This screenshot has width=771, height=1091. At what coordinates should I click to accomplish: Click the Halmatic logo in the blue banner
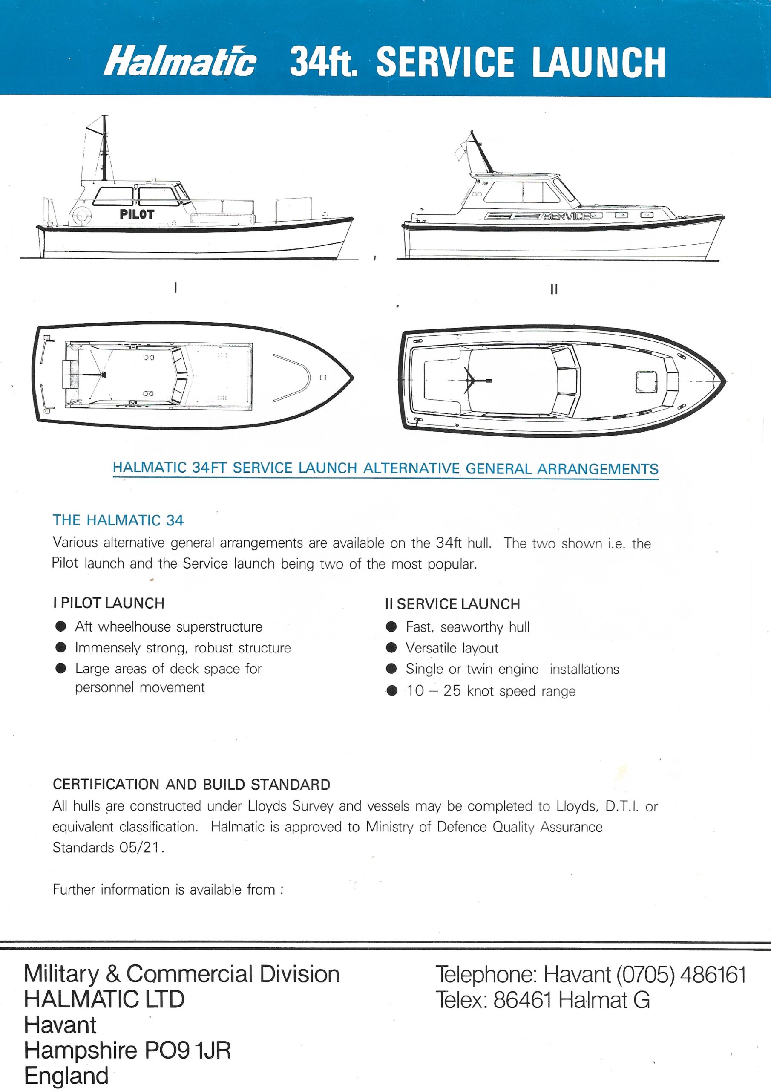tap(180, 61)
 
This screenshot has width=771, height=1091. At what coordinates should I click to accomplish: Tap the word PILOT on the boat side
tap(137, 214)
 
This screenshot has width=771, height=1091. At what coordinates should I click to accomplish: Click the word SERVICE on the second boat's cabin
tap(566, 216)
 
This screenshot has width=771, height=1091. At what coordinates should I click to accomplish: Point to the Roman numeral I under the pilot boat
tap(176, 288)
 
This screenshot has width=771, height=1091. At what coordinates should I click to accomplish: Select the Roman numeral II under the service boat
tap(553, 289)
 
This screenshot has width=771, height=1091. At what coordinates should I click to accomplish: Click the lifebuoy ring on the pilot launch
tap(81, 215)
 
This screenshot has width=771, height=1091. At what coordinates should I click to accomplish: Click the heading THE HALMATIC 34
tap(118, 520)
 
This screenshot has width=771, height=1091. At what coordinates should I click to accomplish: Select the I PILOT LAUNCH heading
tap(109, 603)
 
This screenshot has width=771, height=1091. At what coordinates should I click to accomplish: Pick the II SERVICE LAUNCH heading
tap(453, 604)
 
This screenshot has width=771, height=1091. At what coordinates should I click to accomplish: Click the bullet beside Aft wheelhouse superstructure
tap(61, 626)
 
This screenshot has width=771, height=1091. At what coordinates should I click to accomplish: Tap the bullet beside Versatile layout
tap(391, 648)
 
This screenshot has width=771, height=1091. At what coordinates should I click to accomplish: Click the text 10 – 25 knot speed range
tap(490, 690)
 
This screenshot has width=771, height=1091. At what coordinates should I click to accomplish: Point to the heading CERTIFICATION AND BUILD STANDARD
tap(191, 785)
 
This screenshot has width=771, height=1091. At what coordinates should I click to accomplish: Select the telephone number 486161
tap(713, 975)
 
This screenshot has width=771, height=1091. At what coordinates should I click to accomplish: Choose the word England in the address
tap(66, 1076)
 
